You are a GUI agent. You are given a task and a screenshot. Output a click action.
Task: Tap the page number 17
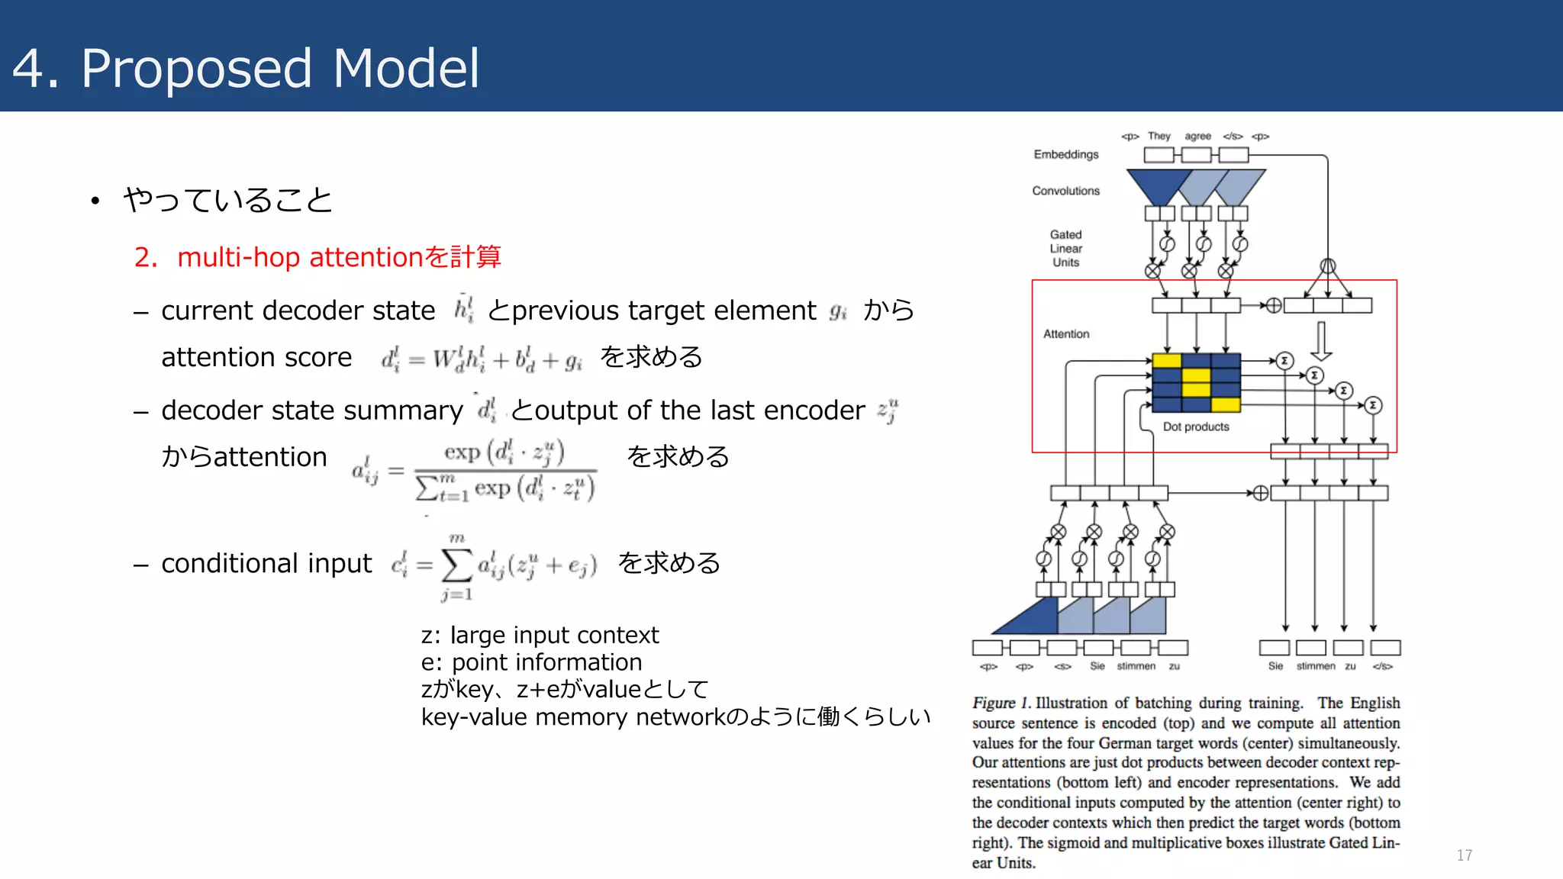(1464, 855)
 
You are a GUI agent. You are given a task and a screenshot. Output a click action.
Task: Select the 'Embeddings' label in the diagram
(1065, 154)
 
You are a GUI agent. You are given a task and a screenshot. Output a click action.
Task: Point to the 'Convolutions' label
(1065, 191)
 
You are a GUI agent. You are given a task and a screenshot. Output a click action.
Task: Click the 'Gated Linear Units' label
(1065, 248)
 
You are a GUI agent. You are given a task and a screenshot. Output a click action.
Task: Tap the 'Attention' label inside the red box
(1065, 334)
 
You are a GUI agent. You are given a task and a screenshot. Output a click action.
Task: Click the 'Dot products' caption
(1195, 427)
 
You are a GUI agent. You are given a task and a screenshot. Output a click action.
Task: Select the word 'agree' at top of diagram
(1197, 136)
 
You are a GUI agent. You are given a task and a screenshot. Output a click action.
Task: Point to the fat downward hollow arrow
(1321, 340)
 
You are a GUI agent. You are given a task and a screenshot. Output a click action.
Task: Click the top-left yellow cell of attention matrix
(1166, 361)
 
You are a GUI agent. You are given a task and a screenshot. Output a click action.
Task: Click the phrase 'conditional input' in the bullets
(266, 563)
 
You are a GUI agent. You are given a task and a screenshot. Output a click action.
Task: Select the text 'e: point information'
(531, 662)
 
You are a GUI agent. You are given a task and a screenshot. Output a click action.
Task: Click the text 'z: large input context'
(540, 635)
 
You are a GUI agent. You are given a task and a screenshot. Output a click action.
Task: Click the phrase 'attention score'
(256, 357)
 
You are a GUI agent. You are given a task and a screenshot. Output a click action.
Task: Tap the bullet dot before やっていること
(95, 201)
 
